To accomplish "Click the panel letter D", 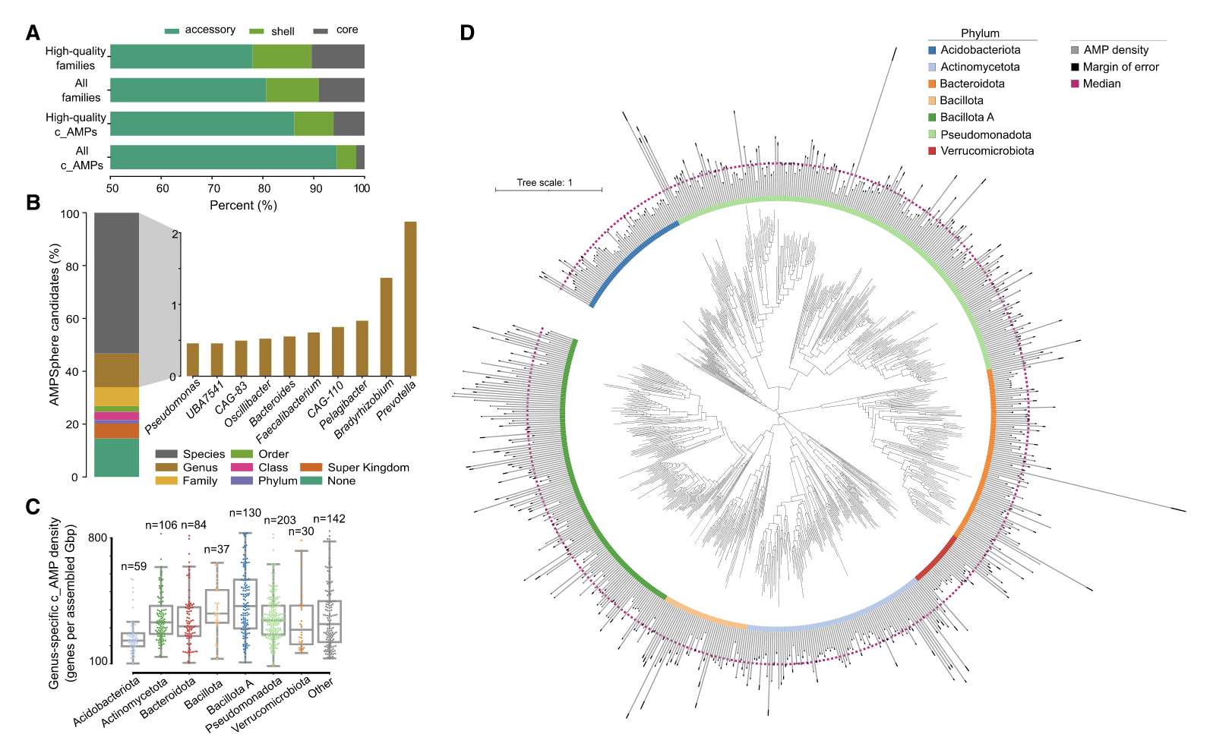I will (x=467, y=33).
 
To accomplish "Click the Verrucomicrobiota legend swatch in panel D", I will (x=932, y=151).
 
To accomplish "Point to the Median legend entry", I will (x=1101, y=84).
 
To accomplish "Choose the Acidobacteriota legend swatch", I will (x=932, y=50).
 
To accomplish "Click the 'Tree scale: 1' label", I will (x=545, y=182).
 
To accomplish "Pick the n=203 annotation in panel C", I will (x=280, y=520).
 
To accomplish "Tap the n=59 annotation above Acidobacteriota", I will (x=134, y=566).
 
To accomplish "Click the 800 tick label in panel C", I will (x=98, y=538).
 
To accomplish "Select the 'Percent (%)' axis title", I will (x=243, y=206).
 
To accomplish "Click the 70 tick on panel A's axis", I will (x=213, y=188).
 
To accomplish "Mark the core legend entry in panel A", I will (x=346, y=30).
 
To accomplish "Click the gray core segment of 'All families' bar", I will (x=341, y=90).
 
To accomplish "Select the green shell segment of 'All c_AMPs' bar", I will (x=346, y=157).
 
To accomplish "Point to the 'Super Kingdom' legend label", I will (x=368, y=468).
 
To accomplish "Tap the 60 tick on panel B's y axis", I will (x=72, y=319).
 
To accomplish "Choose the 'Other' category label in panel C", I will (x=321, y=685).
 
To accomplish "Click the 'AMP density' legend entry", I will (x=1116, y=50).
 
